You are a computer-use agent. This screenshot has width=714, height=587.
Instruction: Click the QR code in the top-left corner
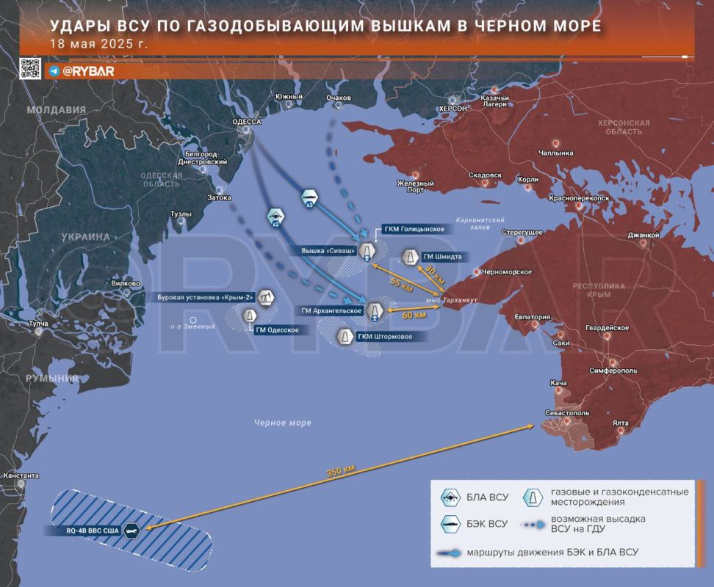29,68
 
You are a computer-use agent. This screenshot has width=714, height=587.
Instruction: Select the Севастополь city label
565,412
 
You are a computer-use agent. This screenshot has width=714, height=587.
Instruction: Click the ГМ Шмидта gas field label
441,257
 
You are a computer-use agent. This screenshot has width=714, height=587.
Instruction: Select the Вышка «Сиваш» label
328,251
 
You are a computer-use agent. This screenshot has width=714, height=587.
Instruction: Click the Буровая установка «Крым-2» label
205,298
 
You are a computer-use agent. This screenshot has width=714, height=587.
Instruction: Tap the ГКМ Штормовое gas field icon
343,336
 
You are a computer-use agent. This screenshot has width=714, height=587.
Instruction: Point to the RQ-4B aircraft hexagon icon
132,530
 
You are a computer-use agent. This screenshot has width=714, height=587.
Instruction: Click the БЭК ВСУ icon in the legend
450,524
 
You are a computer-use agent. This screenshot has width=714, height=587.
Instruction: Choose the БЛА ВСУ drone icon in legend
450,497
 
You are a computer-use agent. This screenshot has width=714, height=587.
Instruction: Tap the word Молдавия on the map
56,110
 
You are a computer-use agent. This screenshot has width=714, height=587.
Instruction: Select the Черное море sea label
283,423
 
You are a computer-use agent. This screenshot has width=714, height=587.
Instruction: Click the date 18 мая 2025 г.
98,43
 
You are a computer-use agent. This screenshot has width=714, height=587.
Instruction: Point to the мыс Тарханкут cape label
451,300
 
